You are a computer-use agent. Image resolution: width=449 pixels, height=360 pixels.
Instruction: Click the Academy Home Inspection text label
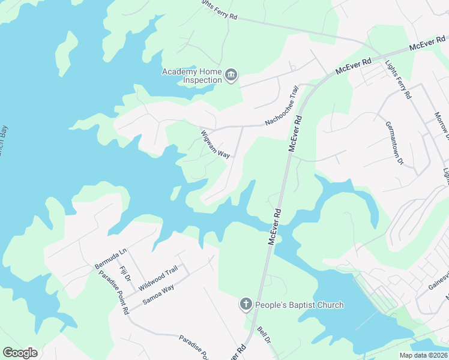click(x=192, y=76)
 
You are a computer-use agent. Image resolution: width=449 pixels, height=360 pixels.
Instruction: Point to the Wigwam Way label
click(x=215, y=145)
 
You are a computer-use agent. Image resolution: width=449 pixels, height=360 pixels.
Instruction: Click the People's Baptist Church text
click(x=300, y=305)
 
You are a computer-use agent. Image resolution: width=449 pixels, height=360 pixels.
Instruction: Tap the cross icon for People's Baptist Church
click(x=246, y=305)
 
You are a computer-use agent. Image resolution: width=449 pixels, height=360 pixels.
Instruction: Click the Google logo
click(x=20, y=353)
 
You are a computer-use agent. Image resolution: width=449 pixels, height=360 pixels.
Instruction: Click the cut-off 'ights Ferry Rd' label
click(x=218, y=10)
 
